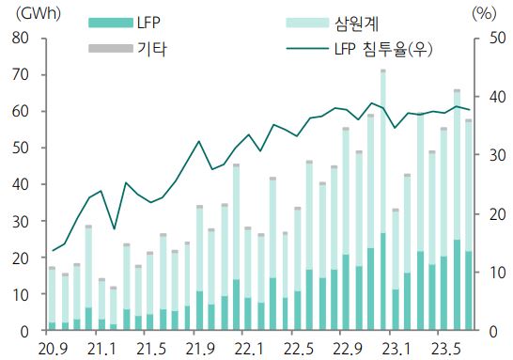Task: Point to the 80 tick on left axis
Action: click(20, 38)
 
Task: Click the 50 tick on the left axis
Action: click(20, 148)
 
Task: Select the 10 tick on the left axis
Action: click(20, 294)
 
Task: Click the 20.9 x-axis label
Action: click(53, 349)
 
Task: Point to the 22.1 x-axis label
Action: click(248, 349)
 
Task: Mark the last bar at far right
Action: click(468, 226)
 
